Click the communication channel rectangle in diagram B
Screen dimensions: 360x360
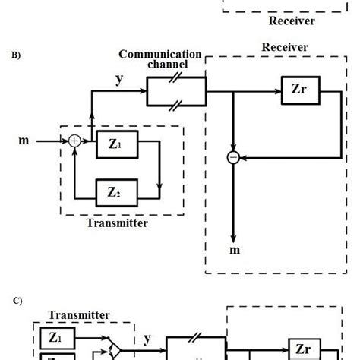[176, 95]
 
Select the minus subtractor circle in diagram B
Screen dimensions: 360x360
[234, 158]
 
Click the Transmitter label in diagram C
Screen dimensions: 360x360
[79, 314]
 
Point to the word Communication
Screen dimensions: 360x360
[159, 54]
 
